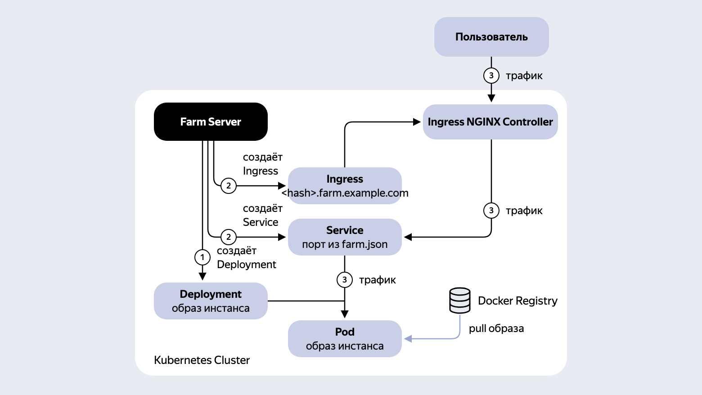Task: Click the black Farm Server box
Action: tap(211, 121)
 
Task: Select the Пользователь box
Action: tap(491, 37)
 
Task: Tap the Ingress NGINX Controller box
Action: tap(490, 122)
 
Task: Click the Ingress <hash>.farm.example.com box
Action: tap(345, 186)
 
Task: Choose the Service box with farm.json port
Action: tap(345, 237)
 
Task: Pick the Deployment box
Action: tap(211, 301)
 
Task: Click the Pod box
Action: tap(345, 339)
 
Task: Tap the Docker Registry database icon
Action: tap(460, 301)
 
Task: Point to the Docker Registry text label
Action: tap(517, 301)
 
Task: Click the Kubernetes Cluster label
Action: tap(202, 360)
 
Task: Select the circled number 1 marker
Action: tap(202, 257)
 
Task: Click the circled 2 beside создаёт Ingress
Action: tap(229, 186)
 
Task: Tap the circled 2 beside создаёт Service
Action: tap(229, 237)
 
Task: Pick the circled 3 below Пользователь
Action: tap(491, 76)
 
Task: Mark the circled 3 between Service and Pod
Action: tap(345, 280)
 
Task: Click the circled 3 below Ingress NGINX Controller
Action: tap(491, 211)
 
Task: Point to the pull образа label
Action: tap(496, 328)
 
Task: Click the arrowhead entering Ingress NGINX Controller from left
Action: tap(417, 122)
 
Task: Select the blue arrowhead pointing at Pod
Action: tap(408, 339)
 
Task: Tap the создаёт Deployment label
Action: tap(246, 257)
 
